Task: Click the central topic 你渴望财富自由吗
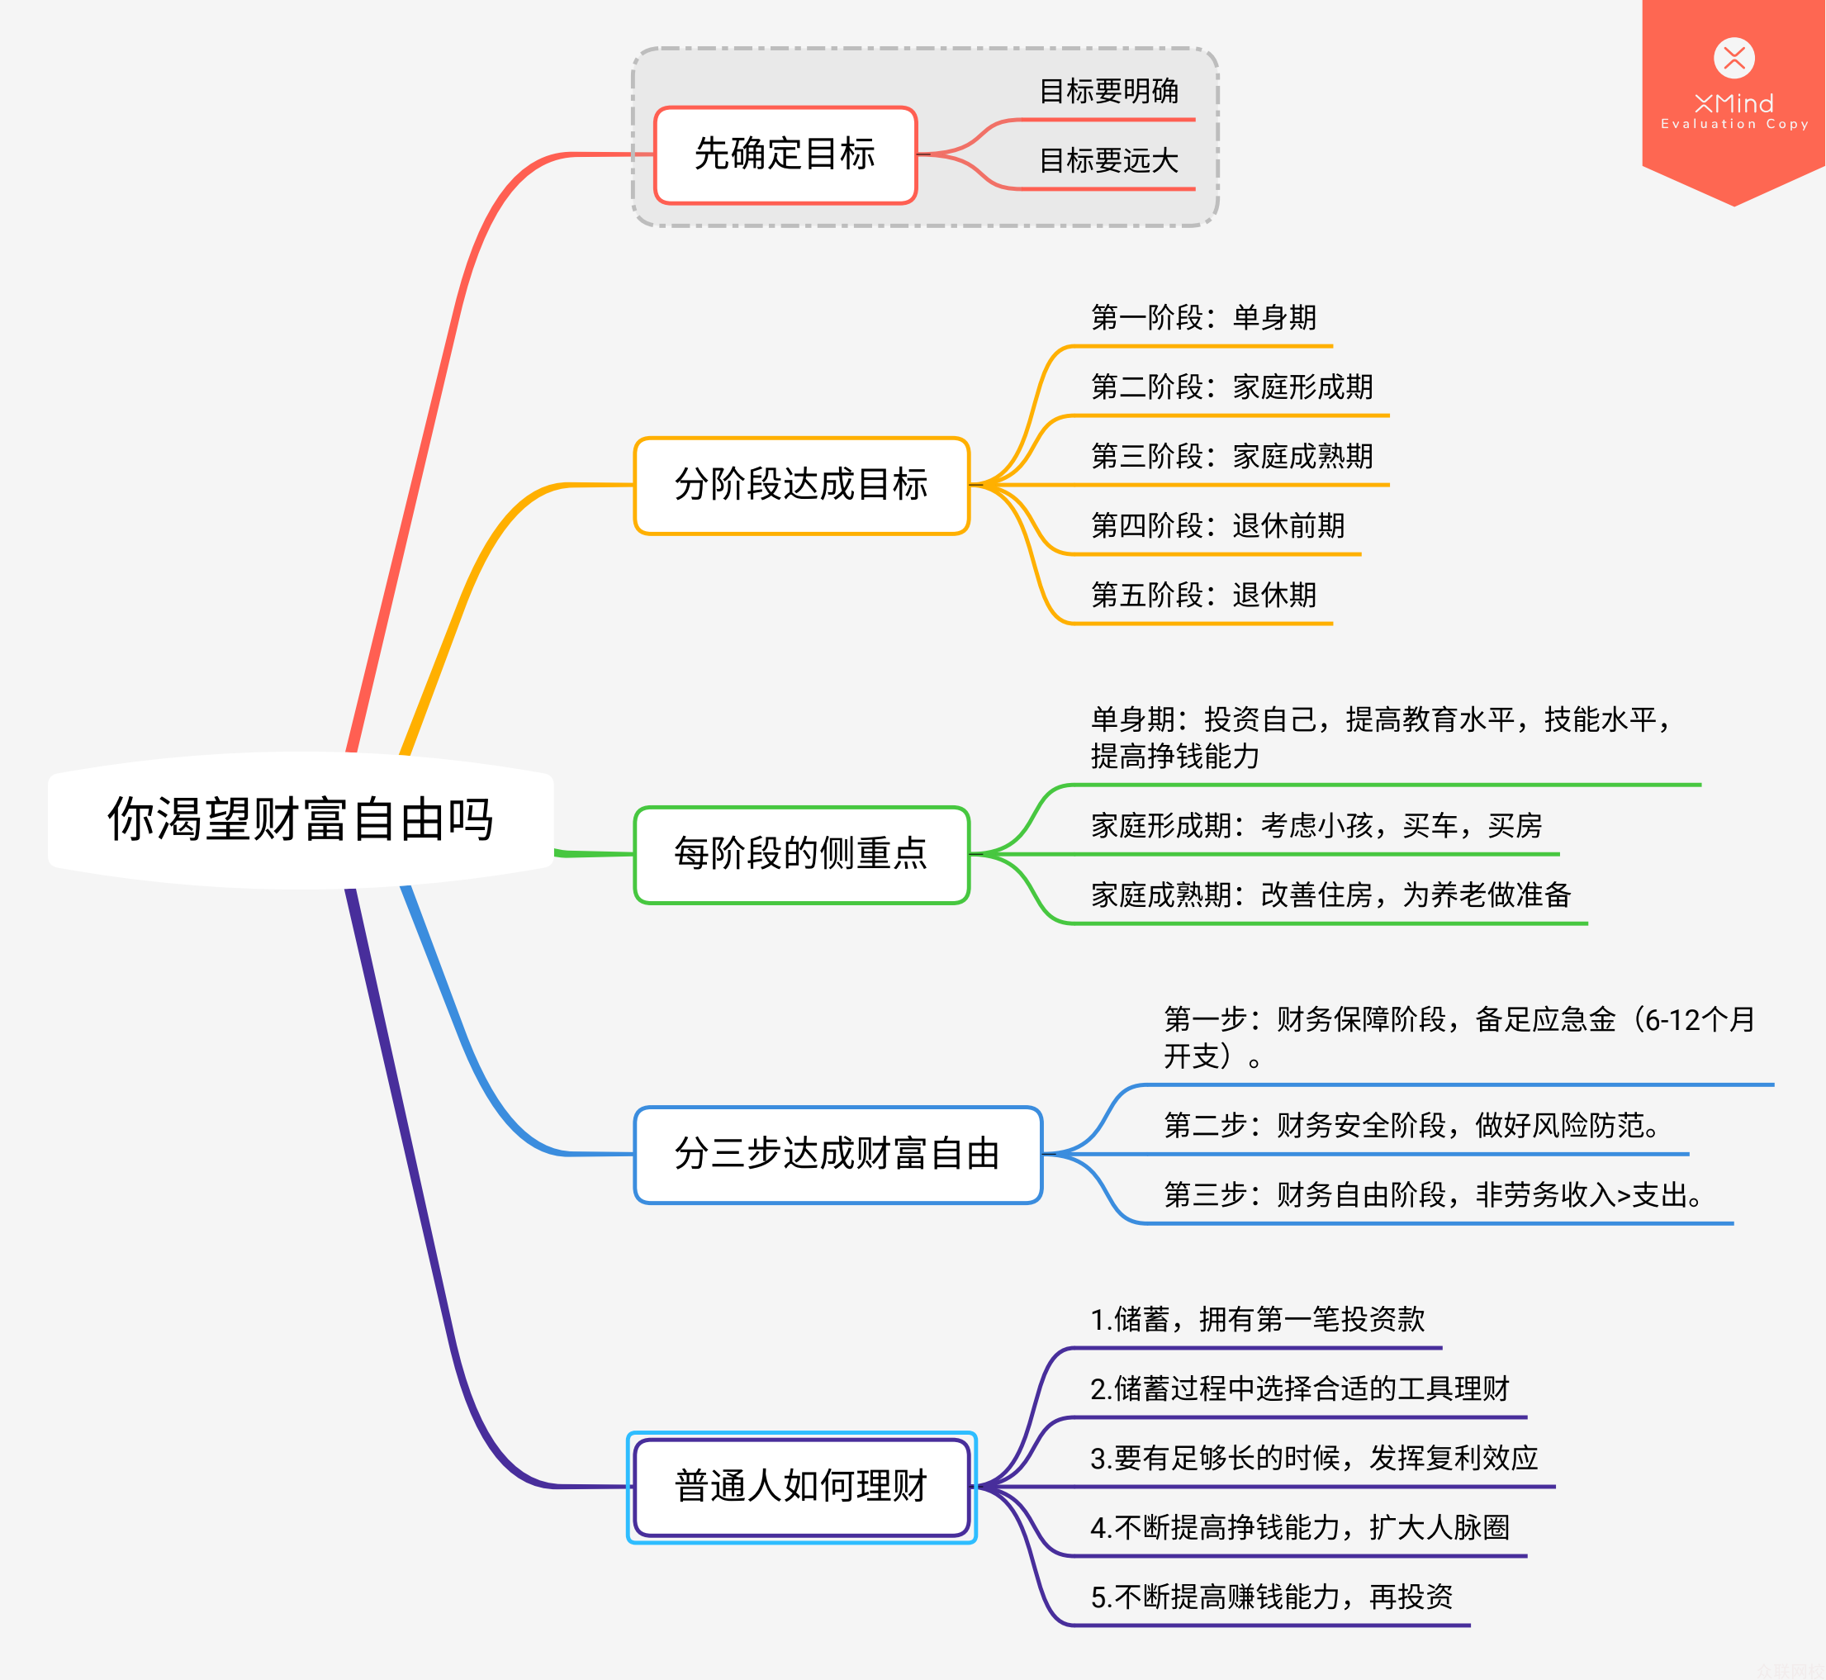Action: (300, 819)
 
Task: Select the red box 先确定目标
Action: (785, 154)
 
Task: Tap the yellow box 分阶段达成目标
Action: (801, 485)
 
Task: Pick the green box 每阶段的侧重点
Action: (801, 854)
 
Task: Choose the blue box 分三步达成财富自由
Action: (837, 1154)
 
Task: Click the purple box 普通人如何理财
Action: (801, 1487)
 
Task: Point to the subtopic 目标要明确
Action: (1108, 91)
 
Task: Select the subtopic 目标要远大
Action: (1108, 161)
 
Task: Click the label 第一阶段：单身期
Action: (1202, 317)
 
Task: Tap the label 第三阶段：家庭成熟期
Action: (1231, 457)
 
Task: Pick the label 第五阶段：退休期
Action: (1202, 596)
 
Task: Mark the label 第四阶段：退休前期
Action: (1217, 525)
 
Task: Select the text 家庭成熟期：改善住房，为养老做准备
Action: (1330, 895)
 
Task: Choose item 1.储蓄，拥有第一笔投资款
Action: (1257, 1319)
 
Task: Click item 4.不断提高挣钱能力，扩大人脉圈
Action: (1300, 1527)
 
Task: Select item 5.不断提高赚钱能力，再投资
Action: (1271, 1597)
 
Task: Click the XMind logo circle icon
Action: (1734, 58)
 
